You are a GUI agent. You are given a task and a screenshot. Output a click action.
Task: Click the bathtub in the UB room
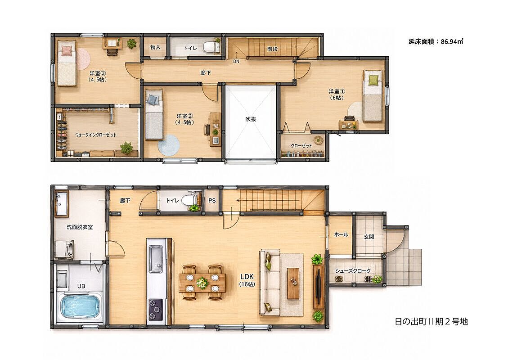pyautogui.click(x=81, y=307)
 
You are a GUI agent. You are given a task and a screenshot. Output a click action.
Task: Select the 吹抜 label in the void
pyautogui.click(x=251, y=119)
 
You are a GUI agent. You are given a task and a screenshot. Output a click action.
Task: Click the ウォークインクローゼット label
pyautogui.click(x=96, y=135)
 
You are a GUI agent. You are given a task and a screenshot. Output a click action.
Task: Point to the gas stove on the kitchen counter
pyautogui.click(x=156, y=309)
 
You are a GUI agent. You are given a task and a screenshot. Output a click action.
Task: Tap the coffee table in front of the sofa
pyautogui.click(x=293, y=283)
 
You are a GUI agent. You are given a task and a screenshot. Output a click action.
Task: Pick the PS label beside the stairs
pyautogui.click(x=212, y=200)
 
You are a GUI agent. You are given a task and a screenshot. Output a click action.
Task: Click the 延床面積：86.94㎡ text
pyautogui.click(x=436, y=41)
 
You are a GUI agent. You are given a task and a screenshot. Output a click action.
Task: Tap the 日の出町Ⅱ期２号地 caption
pyautogui.click(x=431, y=321)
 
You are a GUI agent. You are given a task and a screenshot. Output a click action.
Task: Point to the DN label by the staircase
pyautogui.click(x=236, y=61)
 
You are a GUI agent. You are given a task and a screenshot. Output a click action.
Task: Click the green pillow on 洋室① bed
pyautogui.click(x=373, y=80)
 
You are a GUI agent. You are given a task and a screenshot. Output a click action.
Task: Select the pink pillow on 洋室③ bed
pyautogui.click(x=67, y=50)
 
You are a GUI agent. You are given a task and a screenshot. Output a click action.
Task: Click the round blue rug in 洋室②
pyautogui.click(x=168, y=145)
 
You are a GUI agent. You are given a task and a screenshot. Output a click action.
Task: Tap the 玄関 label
pyautogui.click(x=369, y=237)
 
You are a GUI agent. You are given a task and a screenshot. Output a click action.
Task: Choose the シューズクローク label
pyautogui.click(x=353, y=270)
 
